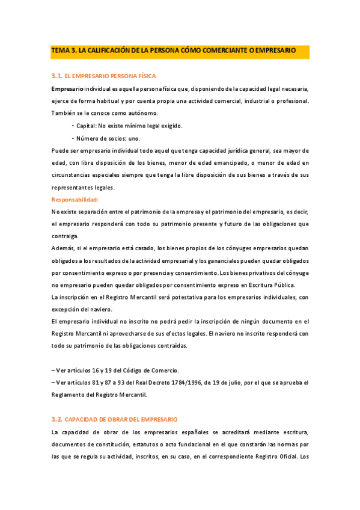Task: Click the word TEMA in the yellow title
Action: point(60,52)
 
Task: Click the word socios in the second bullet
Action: point(109,138)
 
